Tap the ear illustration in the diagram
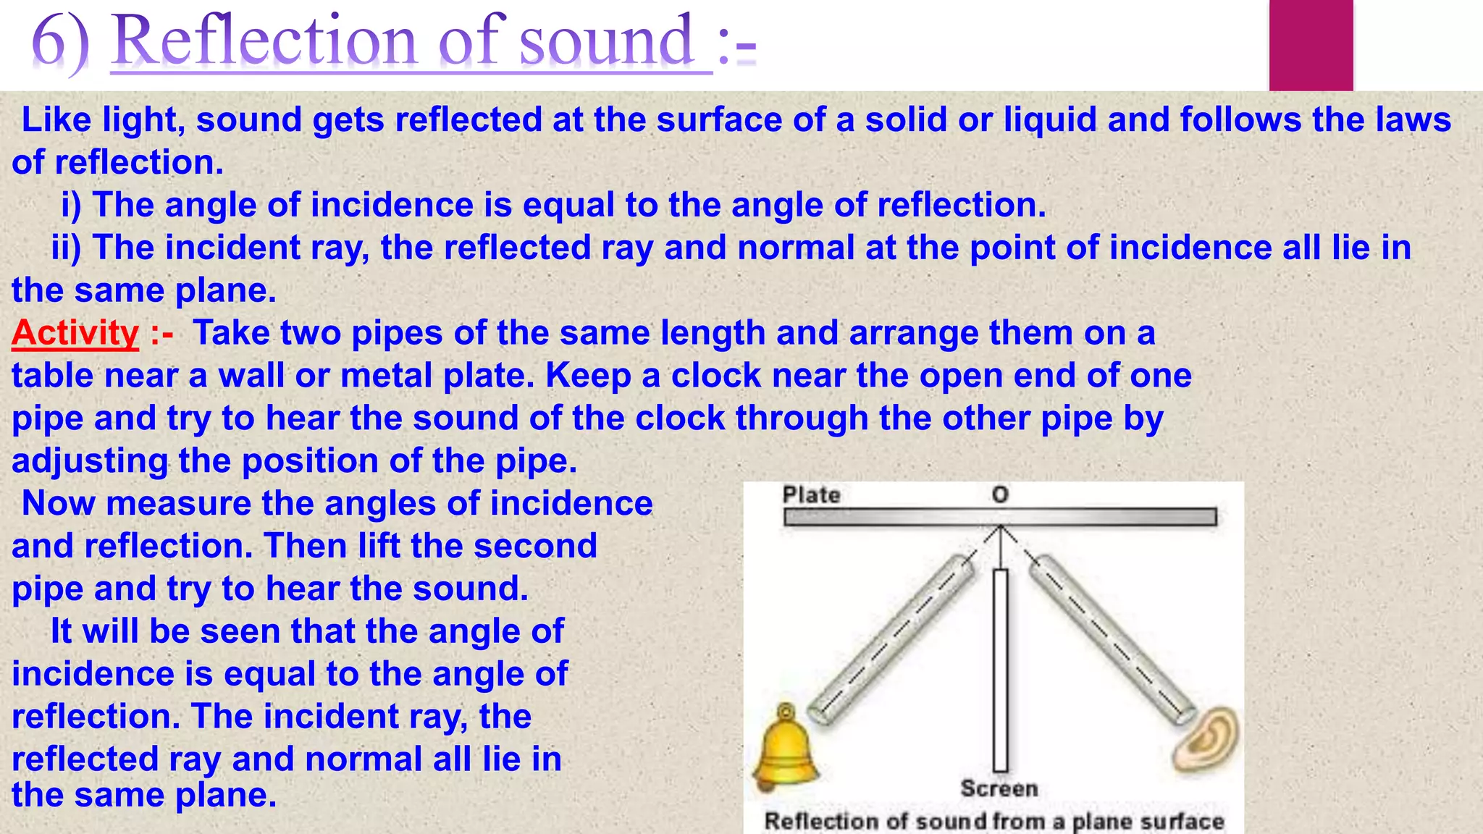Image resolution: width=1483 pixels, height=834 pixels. coord(1208,740)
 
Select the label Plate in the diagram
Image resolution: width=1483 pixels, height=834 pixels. coord(811,495)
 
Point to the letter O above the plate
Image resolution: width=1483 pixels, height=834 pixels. coord(1000,495)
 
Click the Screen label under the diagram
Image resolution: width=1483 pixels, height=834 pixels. coord(999,788)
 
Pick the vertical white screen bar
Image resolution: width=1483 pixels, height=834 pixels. coord(1001,670)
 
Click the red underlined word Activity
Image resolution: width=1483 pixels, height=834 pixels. coord(75,334)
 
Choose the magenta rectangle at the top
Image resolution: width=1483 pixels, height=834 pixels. coord(1311,45)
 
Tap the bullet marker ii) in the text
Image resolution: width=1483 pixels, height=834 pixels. coord(66,248)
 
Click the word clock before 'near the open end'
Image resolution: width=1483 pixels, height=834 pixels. coord(713,376)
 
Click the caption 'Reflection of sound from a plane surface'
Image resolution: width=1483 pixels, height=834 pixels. coord(993,822)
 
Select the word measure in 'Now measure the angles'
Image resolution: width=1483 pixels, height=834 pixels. coord(178,503)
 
